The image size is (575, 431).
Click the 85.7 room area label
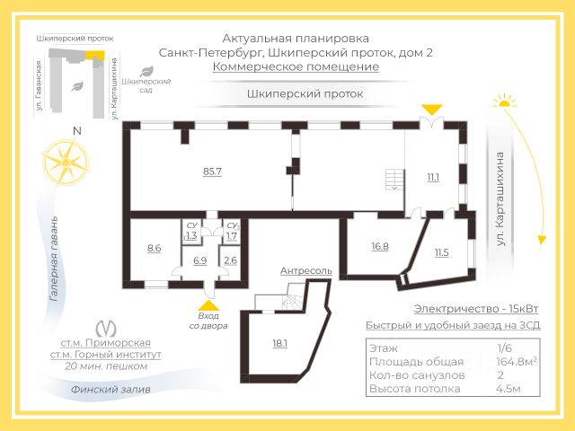(x=213, y=171)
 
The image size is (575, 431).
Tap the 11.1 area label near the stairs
(x=433, y=177)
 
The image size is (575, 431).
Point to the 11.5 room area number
(x=441, y=252)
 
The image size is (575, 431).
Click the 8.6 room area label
(x=154, y=248)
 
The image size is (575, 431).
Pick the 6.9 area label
(x=200, y=260)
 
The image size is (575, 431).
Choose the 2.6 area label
(x=231, y=260)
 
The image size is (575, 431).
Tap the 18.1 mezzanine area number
(x=279, y=343)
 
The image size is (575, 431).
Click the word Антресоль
(x=306, y=270)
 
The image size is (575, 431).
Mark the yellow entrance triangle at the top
(x=432, y=110)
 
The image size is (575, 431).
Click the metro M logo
(x=105, y=327)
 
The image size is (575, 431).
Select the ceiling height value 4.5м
(x=509, y=389)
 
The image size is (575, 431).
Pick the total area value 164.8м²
(x=517, y=362)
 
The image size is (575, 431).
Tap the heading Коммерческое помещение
(x=296, y=66)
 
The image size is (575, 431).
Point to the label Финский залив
(x=111, y=390)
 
